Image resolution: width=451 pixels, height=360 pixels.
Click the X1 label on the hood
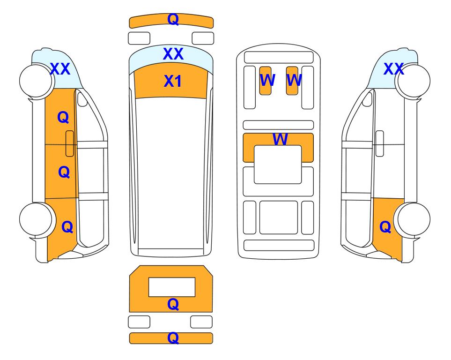pyautogui.click(x=172, y=81)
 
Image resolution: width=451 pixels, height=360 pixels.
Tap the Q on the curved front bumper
pyautogui.click(x=173, y=19)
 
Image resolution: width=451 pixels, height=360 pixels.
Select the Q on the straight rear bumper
pyautogui.click(x=173, y=338)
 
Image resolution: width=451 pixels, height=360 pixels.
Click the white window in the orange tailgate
pyautogui.click(x=172, y=287)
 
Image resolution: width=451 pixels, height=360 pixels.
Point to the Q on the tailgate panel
pyautogui.click(x=173, y=304)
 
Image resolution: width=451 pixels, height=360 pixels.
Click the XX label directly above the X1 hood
pyautogui.click(x=173, y=54)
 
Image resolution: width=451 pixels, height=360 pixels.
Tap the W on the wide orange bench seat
pyautogui.click(x=280, y=139)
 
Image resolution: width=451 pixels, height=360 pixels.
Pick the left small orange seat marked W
pyautogui.click(x=265, y=81)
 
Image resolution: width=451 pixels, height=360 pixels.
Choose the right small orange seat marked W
pyautogui.click(x=292, y=81)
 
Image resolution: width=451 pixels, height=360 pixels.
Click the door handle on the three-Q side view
pyautogui.click(x=70, y=143)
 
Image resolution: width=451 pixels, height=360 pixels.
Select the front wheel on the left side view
pyautogui.click(x=36, y=81)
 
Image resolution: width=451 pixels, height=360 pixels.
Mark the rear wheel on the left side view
pyautogui.click(x=36, y=219)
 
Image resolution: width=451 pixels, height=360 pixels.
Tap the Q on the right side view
pyautogui.click(x=385, y=227)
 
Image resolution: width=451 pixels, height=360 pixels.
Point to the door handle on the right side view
pyautogui.click(x=380, y=143)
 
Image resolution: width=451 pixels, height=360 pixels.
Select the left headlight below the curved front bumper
pyautogui.click(x=139, y=38)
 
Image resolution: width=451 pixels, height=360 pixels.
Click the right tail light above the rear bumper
pyautogui.click(x=201, y=322)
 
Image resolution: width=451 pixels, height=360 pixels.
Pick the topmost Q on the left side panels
pyautogui.click(x=63, y=118)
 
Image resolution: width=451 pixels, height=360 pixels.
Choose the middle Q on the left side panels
pyautogui.click(x=64, y=172)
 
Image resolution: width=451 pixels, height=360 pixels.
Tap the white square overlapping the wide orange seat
pyautogui.click(x=278, y=165)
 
